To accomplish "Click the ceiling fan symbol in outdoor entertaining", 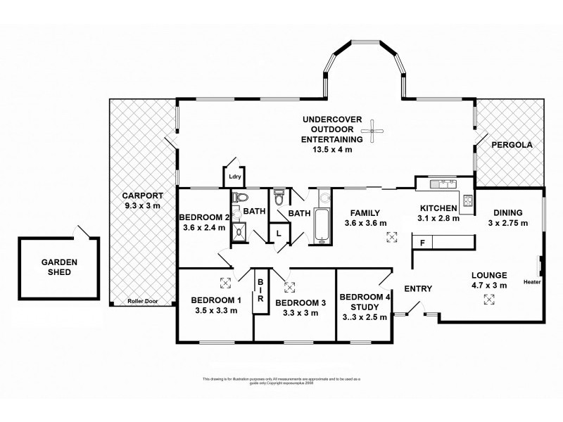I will [373, 130].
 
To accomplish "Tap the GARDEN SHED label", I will [58, 266].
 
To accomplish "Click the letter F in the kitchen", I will [422, 243].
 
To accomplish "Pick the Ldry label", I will [235, 177].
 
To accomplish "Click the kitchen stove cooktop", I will [466, 203].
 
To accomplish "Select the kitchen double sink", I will [441, 185].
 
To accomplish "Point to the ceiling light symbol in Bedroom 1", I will [225, 283].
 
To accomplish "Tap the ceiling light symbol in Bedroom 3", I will [289, 286].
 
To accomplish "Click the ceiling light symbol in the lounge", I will [488, 300].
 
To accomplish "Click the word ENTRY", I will [418, 288].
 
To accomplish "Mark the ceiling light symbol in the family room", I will [391, 237].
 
